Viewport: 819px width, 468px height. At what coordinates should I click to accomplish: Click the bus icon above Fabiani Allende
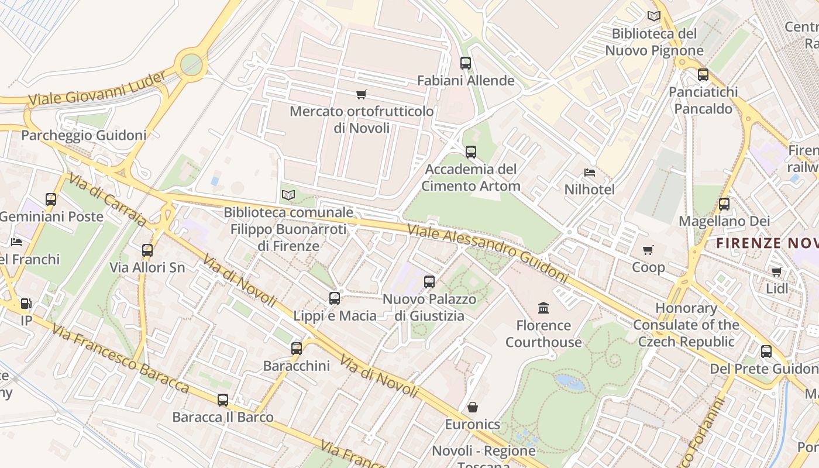coord(465,63)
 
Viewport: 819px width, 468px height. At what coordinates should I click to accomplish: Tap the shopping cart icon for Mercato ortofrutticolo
coord(361,94)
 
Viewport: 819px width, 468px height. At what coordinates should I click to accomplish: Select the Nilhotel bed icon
coord(590,173)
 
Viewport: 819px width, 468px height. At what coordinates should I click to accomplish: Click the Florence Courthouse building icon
coord(543,308)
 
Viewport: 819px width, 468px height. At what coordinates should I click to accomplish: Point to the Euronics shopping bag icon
coord(472,407)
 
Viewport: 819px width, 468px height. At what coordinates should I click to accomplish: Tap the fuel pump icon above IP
coord(26,304)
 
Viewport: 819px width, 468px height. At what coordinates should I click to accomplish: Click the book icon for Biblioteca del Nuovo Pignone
coord(653,16)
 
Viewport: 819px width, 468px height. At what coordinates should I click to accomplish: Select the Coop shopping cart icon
coord(648,250)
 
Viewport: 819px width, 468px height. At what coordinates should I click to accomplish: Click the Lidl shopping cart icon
coord(776,271)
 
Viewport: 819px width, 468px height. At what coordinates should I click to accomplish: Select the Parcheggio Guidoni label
coord(84,136)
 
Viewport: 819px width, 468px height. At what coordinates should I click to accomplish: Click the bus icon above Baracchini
coord(297,349)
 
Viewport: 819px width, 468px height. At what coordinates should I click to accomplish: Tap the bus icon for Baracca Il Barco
coord(222,400)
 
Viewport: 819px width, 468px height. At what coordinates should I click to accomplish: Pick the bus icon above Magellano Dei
coord(724,204)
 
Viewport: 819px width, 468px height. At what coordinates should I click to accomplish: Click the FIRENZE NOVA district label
coord(767,243)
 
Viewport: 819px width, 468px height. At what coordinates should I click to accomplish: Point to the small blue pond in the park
coord(569,382)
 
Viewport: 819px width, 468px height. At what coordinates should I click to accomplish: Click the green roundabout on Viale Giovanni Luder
coord(191,65)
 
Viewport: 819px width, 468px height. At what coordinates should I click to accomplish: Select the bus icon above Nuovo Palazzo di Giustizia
coord(429,282)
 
